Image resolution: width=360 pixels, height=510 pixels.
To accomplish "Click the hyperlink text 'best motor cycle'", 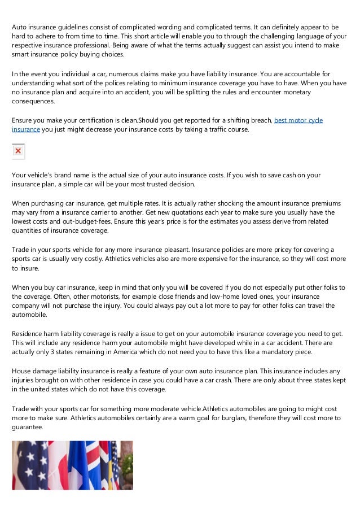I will (298, 120).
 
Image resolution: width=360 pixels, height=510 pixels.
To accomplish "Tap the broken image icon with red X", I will (19, 151).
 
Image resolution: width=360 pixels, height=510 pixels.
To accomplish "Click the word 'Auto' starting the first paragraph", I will (20, 27).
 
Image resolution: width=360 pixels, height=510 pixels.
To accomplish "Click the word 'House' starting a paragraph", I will (23, 371).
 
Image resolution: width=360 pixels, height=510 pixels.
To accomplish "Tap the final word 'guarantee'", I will (29, 427).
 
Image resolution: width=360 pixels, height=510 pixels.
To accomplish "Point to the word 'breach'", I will (260, 120).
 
